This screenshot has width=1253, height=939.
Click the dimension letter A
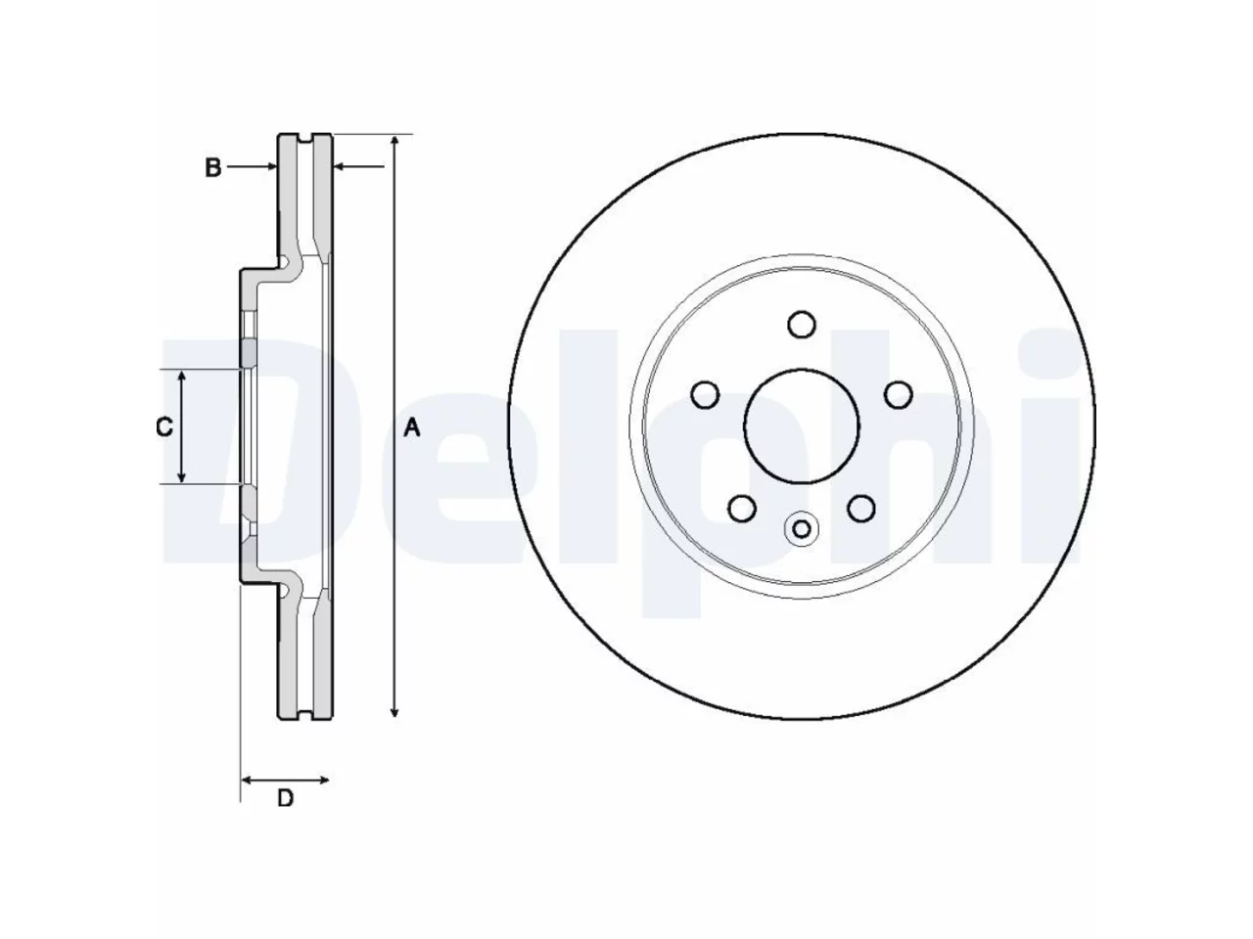[411, 427]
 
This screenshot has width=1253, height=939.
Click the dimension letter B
[213, 167]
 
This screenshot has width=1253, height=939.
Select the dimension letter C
[164, 427]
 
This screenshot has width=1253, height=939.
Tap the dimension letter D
[285, 799]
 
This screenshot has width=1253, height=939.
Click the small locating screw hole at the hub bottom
[801, 529]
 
